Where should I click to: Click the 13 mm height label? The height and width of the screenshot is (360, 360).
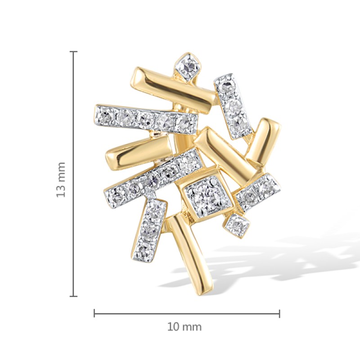pos(61,180)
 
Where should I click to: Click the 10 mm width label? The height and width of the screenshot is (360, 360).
pos(184,327)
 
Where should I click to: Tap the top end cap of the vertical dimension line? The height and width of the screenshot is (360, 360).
pos(73,52)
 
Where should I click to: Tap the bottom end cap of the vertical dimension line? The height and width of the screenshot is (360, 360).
pos(73,297)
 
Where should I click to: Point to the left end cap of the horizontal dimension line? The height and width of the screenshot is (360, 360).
pos(94,313)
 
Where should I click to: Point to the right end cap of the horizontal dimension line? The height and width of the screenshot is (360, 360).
pos(279,313)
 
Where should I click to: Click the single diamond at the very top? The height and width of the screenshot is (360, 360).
pos(189,67)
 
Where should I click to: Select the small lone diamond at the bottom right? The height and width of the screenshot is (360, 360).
pos(237,225)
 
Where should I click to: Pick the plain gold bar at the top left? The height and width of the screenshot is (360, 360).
pos(173,90)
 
